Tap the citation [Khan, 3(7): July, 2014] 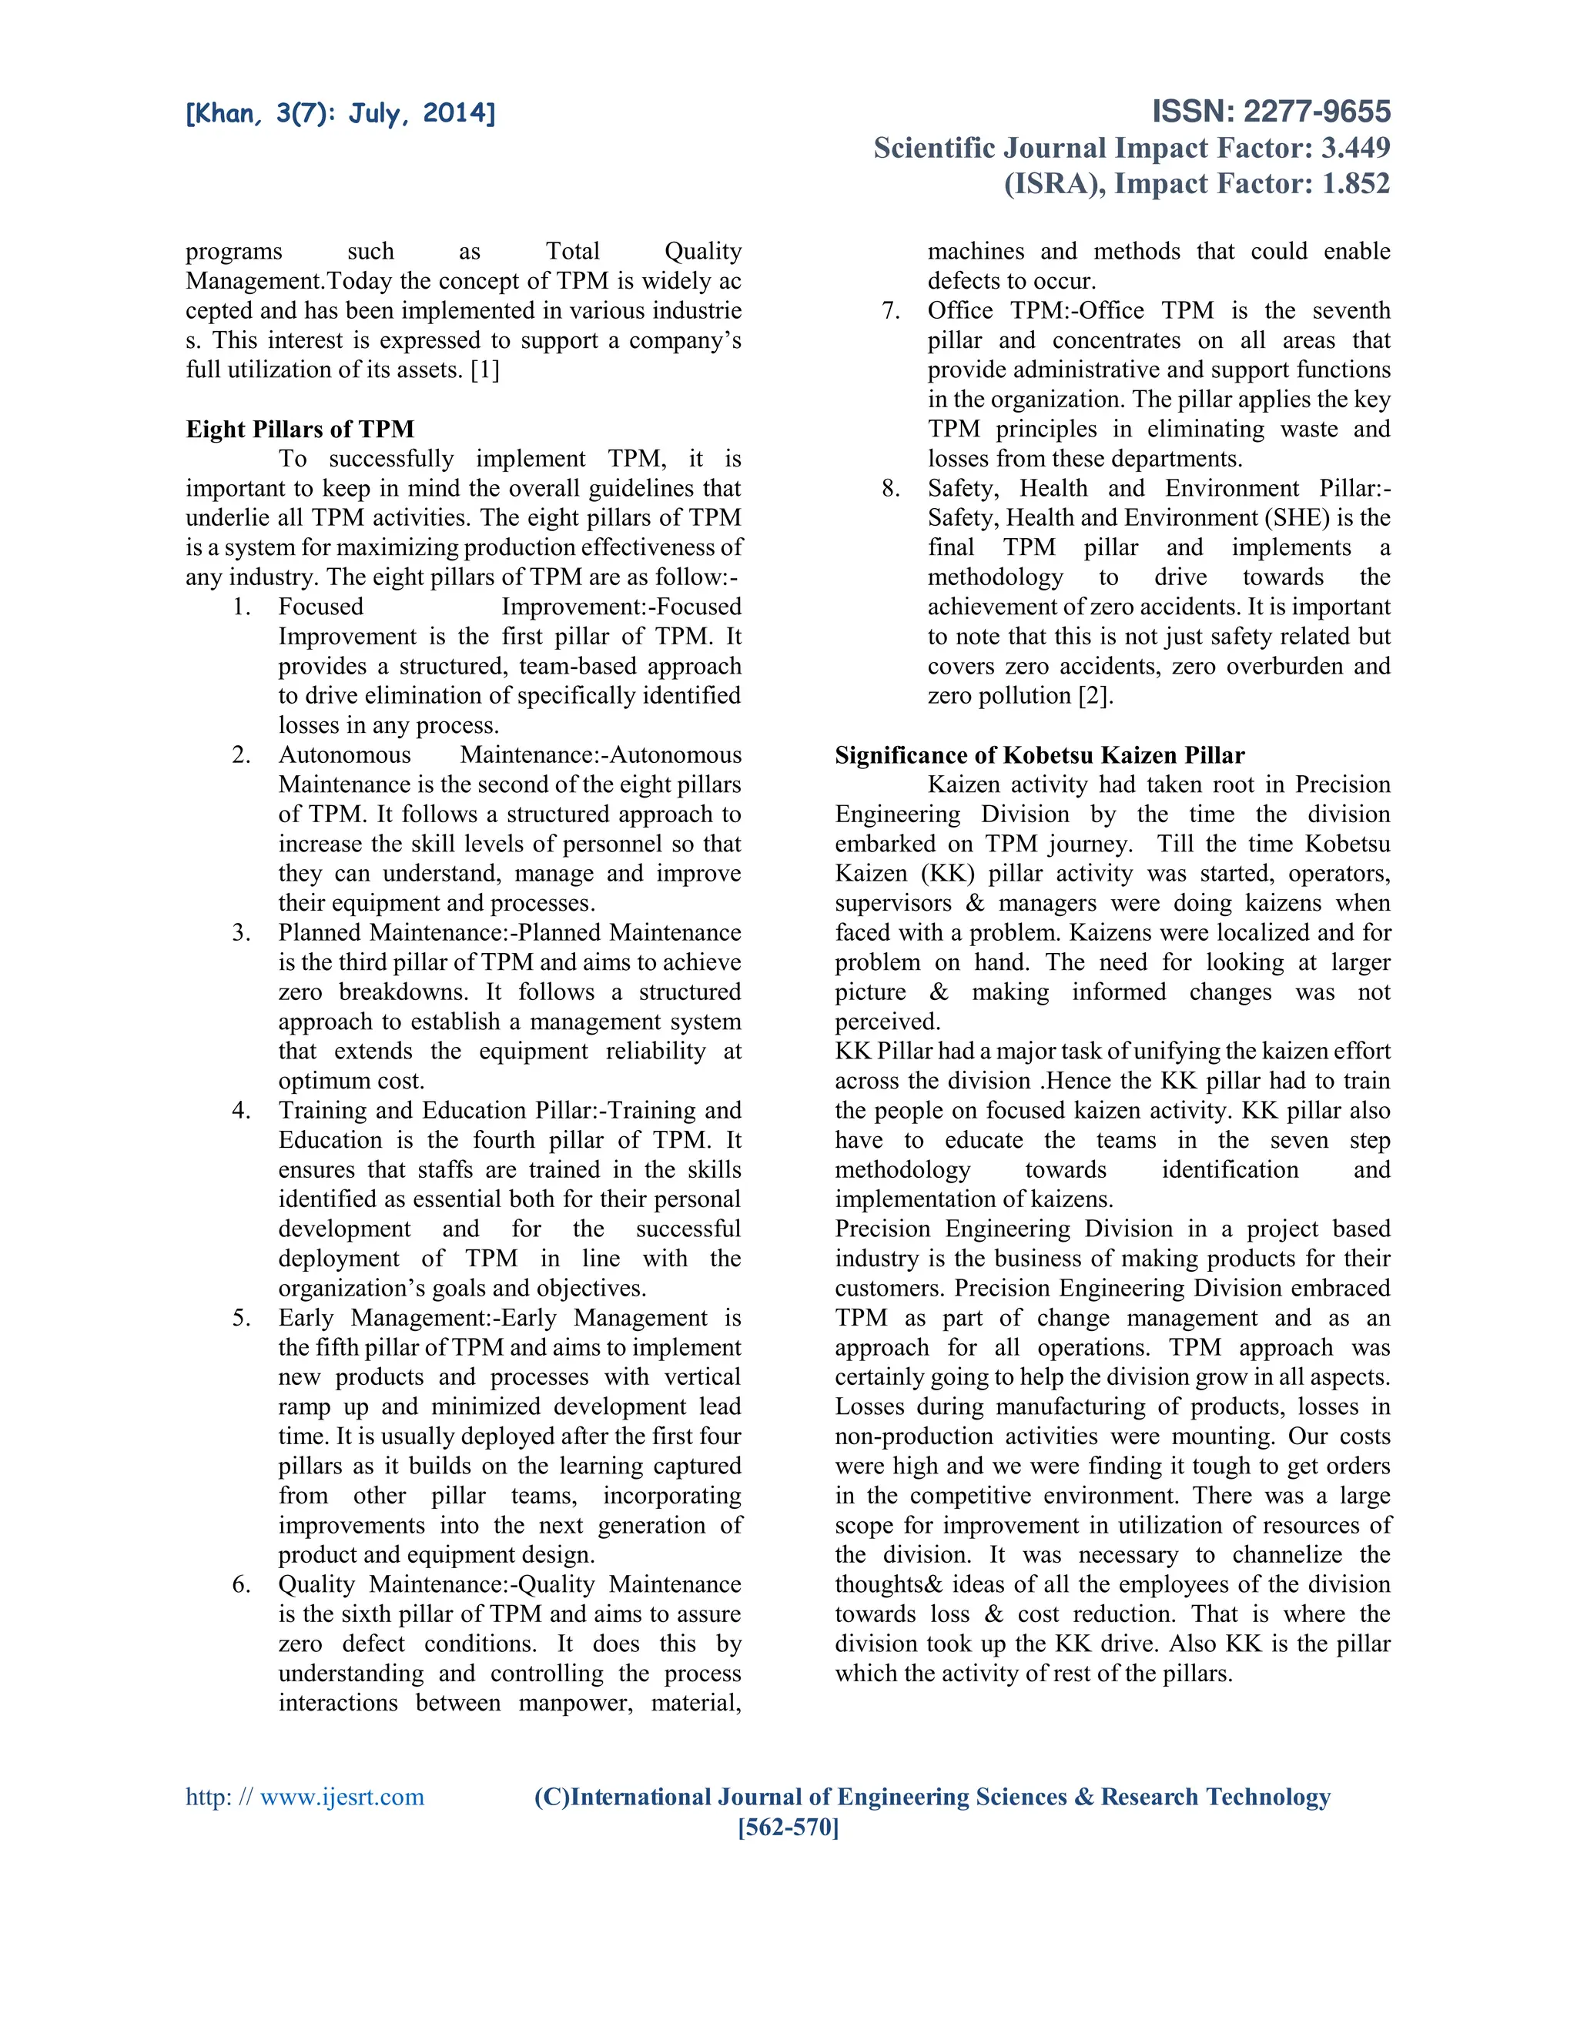pos(340,114)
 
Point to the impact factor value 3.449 pos(1354,148)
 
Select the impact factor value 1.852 pos(1354,183)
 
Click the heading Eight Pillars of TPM pos(300,429)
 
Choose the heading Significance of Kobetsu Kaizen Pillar pos(1039,754)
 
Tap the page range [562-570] pos(788,1827)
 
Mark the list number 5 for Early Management pos(241,1318)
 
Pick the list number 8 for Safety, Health pos(890,489)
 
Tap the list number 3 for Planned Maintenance pos(241,932)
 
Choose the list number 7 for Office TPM pos(890,310)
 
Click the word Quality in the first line pos(702,251)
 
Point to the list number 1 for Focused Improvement pos(241,607)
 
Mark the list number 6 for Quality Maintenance pos(241,1584)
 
